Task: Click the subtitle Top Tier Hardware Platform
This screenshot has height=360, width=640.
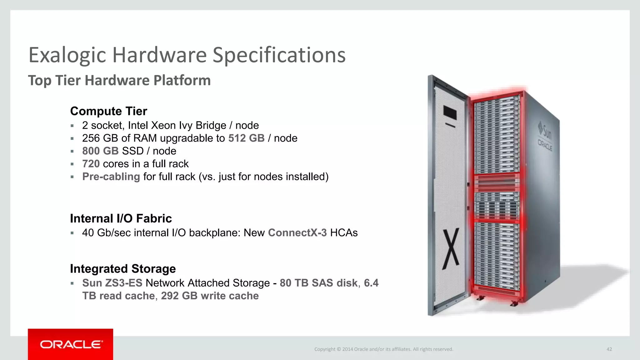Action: pyautogui.click(x=119, y=80)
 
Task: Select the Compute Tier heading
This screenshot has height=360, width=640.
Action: pyautogui.click(x=108, y=111)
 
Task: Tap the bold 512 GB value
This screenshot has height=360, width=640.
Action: pyautogui.click(x=246, y=138)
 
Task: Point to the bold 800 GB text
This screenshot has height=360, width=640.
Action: pyautogui.click(x=100, y=151)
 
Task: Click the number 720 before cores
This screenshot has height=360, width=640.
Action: pyautogui.click(x=91, y=164)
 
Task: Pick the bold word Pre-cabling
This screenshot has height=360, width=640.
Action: pyautogui.click(x=111, y=177)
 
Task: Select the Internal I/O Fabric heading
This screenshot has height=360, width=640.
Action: pyautogui.click(x=121, y=218)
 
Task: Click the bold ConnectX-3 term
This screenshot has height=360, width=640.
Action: pyautogui.click(x=297, y=233)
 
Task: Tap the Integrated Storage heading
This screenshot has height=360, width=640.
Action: pyautogui.click(x=123, y=269)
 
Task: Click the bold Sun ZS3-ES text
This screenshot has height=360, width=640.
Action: pyautogui.click(x=112, y=283)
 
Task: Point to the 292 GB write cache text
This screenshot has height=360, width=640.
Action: pyautogui.click(x=210, y=296)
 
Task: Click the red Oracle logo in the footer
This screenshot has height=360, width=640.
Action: pyautogui.click(x=71, y=344)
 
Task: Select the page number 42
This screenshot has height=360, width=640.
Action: pyautogui.click(x=609, y=349)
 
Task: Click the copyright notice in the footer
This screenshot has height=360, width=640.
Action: pyautogui.click(x=383, y=349)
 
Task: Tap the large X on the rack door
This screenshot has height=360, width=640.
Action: pyautogui.click(x=451, y=249)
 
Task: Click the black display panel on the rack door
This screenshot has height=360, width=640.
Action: pyautogui.click(x=450, y=113)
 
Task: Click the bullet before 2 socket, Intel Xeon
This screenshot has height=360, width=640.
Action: pyautogui.click(x=72, y=126)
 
